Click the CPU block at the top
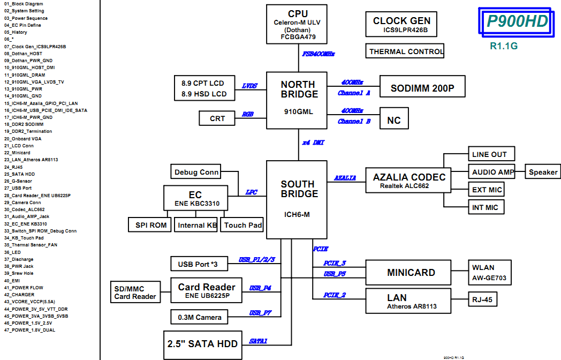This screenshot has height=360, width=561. (x=298, y=24)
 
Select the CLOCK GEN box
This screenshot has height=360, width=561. (x=401, y=25)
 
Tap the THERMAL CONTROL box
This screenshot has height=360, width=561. (x=406, y=51)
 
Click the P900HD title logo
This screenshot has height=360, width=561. (x=517, y=21)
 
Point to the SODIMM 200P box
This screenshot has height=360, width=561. (x=422, y=88)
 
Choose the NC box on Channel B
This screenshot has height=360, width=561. (x=393, y=120)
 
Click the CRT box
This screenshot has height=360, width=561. (x=217, y=118)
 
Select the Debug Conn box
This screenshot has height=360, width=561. (x=196, y=172)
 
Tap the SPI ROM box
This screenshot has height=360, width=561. (x=150, y=225)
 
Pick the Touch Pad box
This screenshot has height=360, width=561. (x=243, y=225)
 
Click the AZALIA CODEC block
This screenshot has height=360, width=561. (x=409, y=181)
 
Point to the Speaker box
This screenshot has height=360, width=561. (x=543, y=172)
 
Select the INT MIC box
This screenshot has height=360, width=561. (x=484, y=207)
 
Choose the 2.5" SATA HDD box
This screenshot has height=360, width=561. (x=202, y=344)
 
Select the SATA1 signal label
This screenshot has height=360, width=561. (x=258, y=341)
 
